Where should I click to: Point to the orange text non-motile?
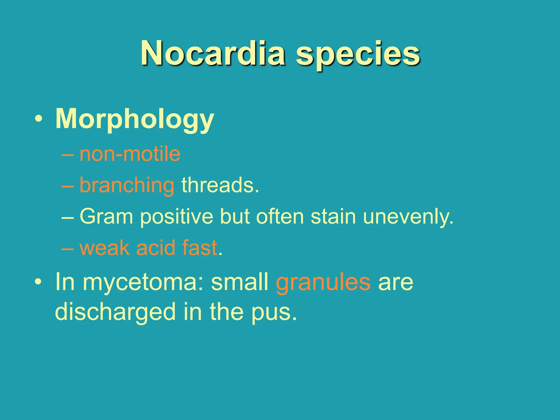[x=130, y=154]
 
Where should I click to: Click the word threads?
[x=220, y=185]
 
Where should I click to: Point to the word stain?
[x=333, y=217]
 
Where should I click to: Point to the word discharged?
[x=115, y=312]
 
